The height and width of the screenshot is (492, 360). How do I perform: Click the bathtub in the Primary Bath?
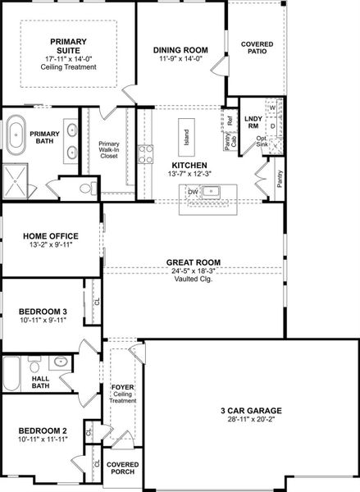pyautogui.click(x=16, y=135)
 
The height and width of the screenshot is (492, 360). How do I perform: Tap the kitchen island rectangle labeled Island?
pyautogui.click(x=186, y=137)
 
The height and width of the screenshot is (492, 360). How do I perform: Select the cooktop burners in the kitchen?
pyautogui.click(x=146, y=154)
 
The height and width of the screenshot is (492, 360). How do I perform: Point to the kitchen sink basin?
pyautogui.click(x=211, y=191)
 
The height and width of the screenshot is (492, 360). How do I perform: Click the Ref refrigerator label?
pyautogui.click(x=230, y=121)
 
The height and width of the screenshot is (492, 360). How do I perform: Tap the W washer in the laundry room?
pyautogui.click(x=272, y=108)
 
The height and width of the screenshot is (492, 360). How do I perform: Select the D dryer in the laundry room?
pyautogui.click(x=272, y=126)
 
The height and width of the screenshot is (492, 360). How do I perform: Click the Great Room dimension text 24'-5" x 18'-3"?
pyautogui.click(x=193, y=271)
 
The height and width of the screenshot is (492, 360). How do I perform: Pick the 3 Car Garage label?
pyautogui.click(x=251, y=411)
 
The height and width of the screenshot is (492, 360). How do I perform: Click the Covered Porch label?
pyautogui.click(x=123, y=468)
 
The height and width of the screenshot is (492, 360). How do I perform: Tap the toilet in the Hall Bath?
pyautogui.click(x=34, y=364)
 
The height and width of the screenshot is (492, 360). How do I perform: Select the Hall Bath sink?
pyautogui.click(x=60, y=362)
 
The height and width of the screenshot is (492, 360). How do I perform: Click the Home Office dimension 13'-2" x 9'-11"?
pyautogui.click(x=51, y=244)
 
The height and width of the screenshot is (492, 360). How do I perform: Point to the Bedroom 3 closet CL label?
pyautogui.click(x=97, y=301)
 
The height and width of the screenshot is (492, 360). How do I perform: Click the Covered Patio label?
pyautogui.click(x=257, y=48)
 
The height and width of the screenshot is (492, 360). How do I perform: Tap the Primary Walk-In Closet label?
pyautogui.click(x=109, y=150)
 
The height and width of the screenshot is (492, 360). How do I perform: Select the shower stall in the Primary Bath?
pyautogui.click(x=15, y=181)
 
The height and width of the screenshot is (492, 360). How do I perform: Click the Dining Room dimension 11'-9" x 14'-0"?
pyautogui.click(x=180, y=58)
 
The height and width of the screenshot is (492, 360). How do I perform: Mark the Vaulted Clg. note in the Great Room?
pyautogui.click(x=194, y=279)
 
